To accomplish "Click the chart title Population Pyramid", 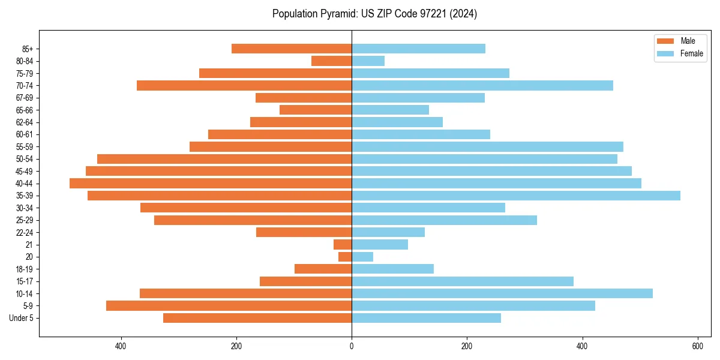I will coord(374,14).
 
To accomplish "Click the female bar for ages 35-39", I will coord(515,196).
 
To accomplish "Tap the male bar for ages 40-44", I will coord(211,183).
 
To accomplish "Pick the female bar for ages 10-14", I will coord(502,293).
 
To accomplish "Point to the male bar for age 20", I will coord(345,257).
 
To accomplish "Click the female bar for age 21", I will coord(380,244).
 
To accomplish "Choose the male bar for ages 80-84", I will coord(331,61).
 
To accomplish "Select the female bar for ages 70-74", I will coord(482,85).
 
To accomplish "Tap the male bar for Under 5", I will coord(257,318).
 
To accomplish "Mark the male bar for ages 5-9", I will coord(229,305).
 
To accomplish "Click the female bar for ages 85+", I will coord(418,49).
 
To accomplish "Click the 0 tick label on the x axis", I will coord(352,346).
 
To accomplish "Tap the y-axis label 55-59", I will coord(25,146).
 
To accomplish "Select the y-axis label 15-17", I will coord(25,281).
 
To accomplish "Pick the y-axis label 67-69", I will coord(25,98).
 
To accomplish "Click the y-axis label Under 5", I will coord(22,318).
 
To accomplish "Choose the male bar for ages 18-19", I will coord(323,269).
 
